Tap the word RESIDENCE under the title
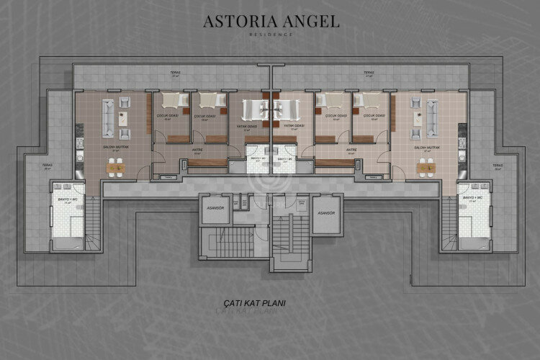point(270,35)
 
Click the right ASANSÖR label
point(326,214)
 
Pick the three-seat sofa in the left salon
point(107,117)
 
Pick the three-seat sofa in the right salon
point(433,117)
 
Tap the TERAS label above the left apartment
point(175,73)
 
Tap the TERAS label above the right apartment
point(368,73)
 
